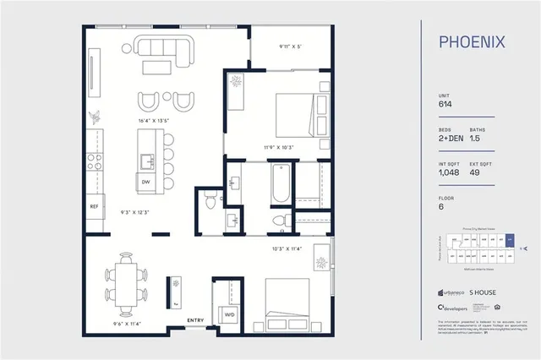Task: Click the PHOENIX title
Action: click(472, 41)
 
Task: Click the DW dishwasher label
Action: click(146, 182)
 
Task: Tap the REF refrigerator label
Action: click(94, 206)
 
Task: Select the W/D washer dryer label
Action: click(228, 314)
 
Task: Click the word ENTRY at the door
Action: click(194, 319)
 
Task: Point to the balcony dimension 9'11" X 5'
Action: click(290, 47)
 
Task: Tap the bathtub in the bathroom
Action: click(281, 185)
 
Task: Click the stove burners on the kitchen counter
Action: click(96, 161)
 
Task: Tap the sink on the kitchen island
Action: click(146, 160)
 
